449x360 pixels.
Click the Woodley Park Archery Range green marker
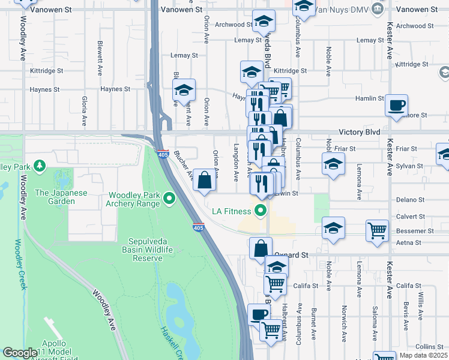pyautogui.click(x=169, y=197)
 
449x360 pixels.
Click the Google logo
pyautogui.click(x=20, y=353)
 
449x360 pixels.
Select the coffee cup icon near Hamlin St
pyautogui.click(x=396, y=106)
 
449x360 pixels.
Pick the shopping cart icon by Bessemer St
pyautogui.click(x=377, y=230)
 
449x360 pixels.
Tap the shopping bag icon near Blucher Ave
pyautogui.click(x=204, y=179)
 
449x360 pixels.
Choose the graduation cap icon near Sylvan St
pyautogui.click(x=333, y=163)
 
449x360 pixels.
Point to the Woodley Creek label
pyautogui.click(x=19, y=264)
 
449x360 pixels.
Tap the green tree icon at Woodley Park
pyautogui.click(x=40, y=165)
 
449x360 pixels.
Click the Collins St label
pyautogui.click(x=429, y=347)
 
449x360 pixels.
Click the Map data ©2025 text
pyautogui.click(x=423, y=355)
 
